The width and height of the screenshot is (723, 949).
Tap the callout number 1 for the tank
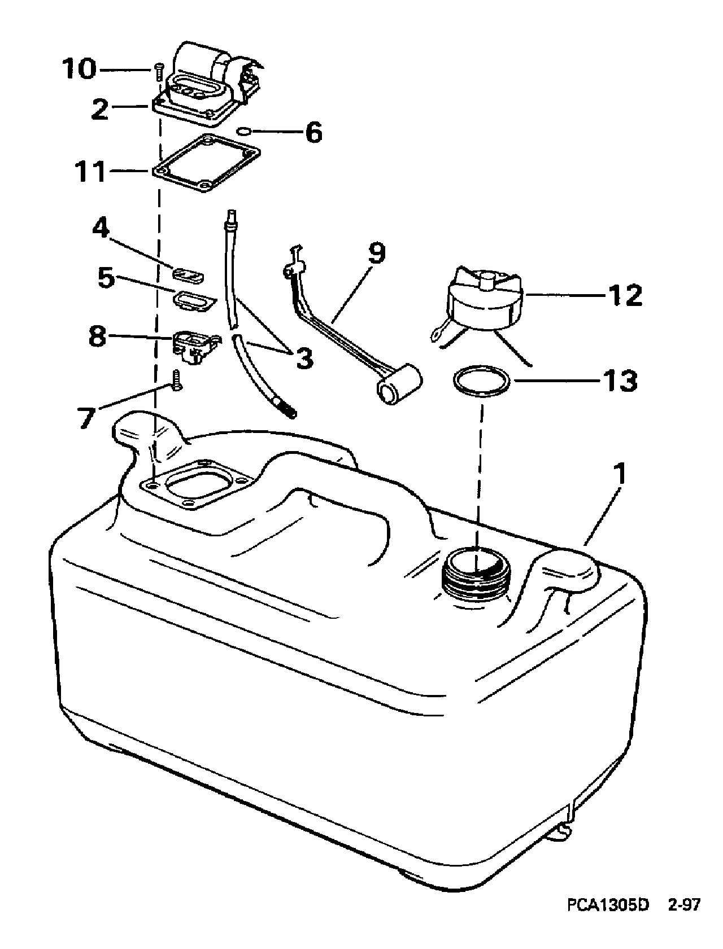(620, 475)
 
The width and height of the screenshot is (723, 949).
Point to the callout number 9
(377, 253)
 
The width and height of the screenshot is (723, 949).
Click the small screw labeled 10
(158, 72)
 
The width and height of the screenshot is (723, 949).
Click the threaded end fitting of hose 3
(286, 406)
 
